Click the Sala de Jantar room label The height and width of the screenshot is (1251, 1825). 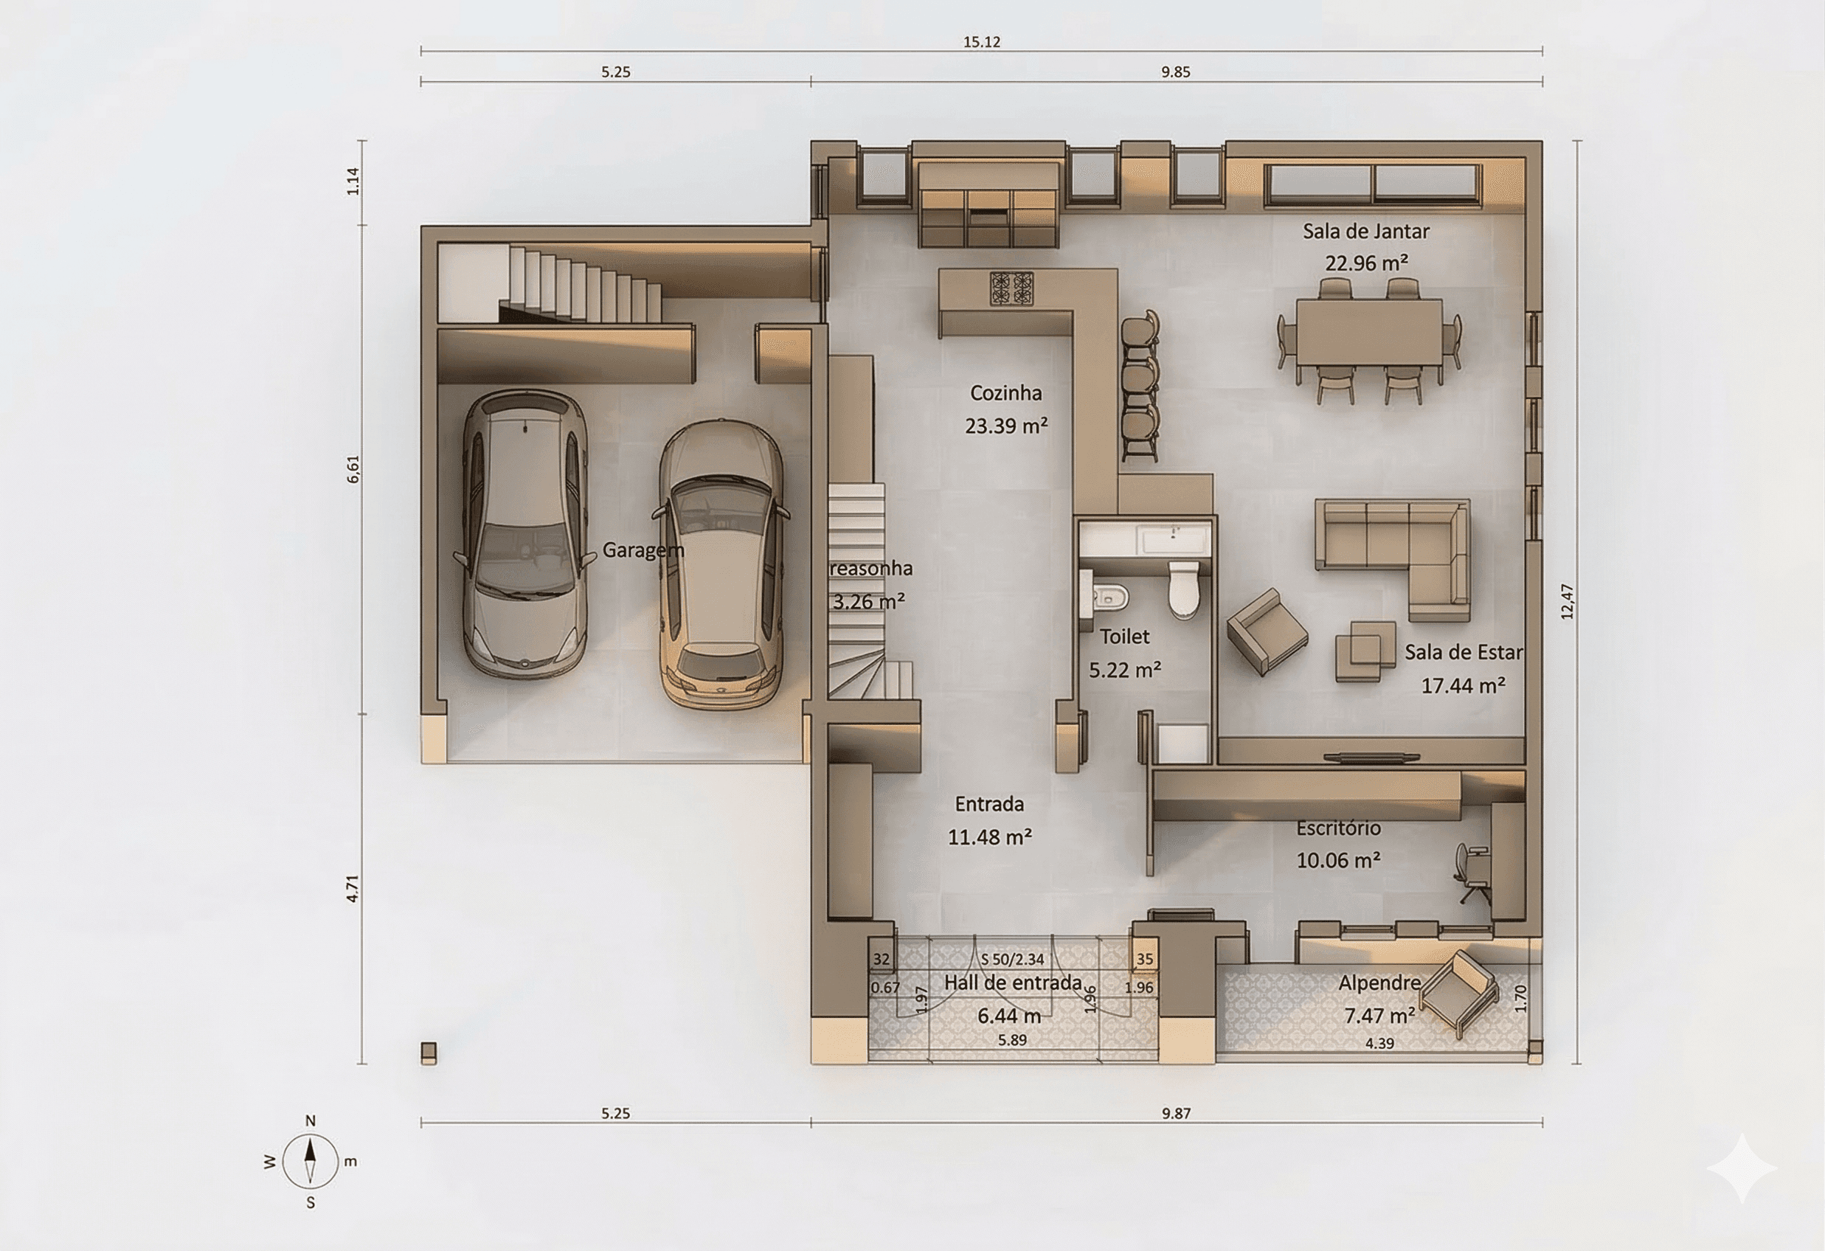point(1365,232)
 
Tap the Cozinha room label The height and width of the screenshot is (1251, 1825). point(1006,392)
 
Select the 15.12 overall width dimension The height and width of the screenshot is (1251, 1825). point(982,41)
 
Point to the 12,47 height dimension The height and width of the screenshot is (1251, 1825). point(1568,602)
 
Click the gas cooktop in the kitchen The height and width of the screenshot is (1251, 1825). point(1011,288)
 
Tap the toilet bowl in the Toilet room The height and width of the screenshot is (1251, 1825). point(1183,589)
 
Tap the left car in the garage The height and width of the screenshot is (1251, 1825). point(524,533)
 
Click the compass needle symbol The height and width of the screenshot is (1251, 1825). point(310,1161)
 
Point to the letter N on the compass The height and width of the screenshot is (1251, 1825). point(310,1120)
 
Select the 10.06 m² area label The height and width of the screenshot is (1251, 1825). point(1338,861)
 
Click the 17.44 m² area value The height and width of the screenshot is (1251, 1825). point(1463,685)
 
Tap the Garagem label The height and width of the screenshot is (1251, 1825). point(643,550)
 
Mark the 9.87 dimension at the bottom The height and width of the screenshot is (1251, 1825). point(1177,1113)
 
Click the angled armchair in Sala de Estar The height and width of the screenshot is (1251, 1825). point(1267,631)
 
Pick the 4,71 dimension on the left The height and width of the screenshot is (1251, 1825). point(353,888)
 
